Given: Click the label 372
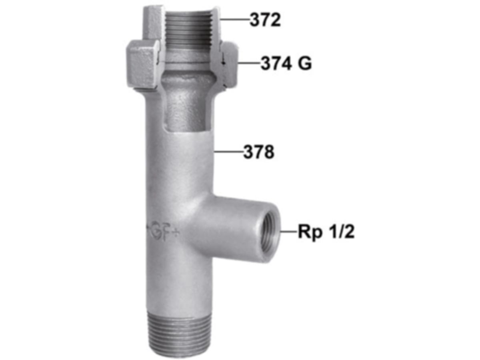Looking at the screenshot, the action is point(265,20).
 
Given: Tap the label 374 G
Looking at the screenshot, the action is point(286,63).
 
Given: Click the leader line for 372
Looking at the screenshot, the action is point(235,20).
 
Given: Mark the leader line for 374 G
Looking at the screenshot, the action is point(249,63).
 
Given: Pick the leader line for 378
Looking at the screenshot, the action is point(229,151).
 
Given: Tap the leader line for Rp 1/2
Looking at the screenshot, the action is point(289,231).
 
